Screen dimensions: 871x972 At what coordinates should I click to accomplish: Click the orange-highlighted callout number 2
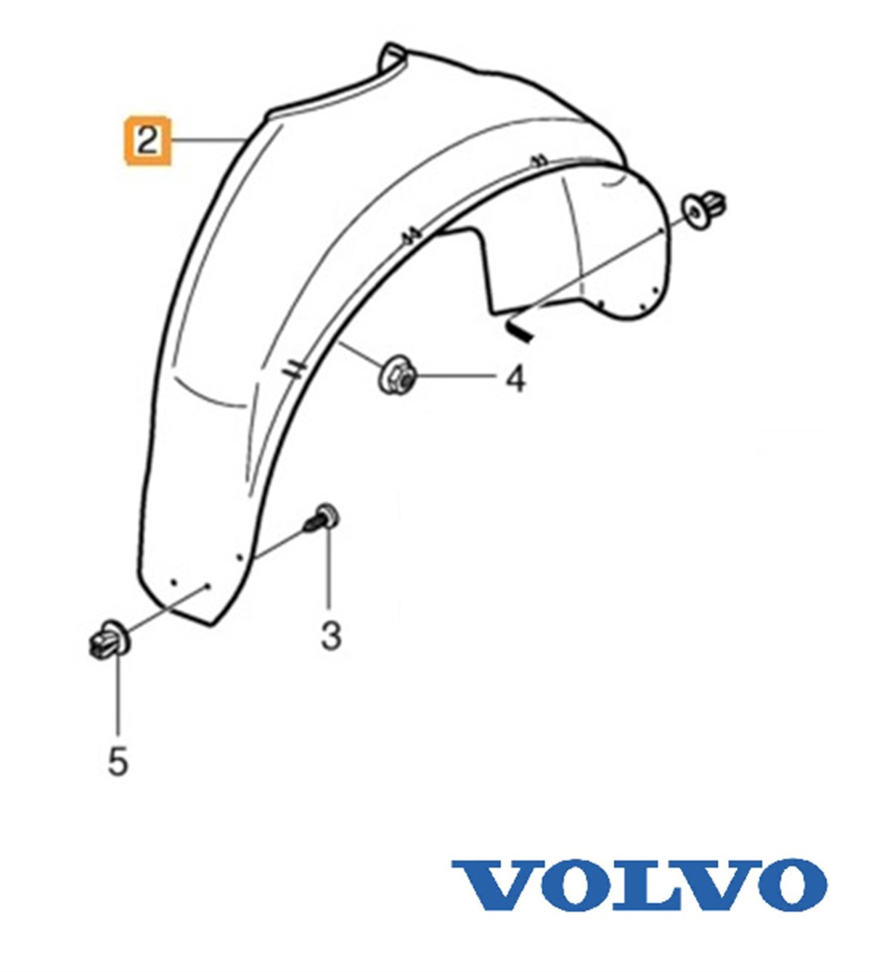[148, 141]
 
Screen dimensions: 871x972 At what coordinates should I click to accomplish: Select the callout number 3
[330, 636]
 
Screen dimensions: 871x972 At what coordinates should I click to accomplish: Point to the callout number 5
[118, 761]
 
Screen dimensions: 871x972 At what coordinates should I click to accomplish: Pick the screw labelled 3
[322, 518]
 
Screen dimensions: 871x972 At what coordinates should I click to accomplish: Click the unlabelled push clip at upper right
[703, 209]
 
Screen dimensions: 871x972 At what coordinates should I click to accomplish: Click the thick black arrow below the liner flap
[518, 330]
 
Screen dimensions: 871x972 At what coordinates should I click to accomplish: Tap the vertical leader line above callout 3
[329, 571]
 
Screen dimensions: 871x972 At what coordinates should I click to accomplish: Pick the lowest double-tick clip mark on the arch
[293, 369]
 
